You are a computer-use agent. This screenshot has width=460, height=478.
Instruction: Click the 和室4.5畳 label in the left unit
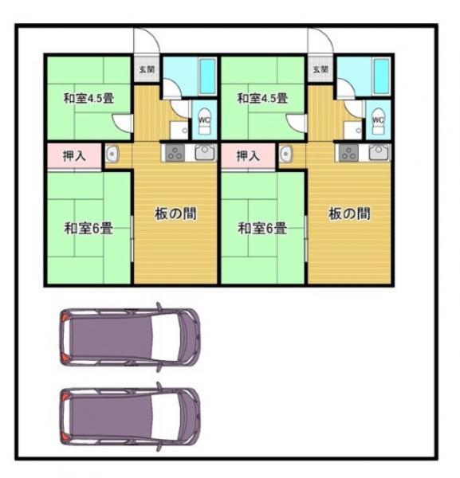pyautogui.click(x=88, y=99)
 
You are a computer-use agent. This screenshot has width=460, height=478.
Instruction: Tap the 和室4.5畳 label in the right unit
pyautogui.click(x=262, y=99)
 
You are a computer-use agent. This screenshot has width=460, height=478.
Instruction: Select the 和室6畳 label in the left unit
pyautogui.click(x=88, y=229)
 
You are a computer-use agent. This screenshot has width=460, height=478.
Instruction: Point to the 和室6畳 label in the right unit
pyautogui.click(x=262, y=229)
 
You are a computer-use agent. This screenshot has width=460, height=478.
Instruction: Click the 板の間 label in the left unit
pyautogui.click(x=175, y=214)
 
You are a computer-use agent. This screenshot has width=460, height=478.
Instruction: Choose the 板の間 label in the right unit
pyautogui.click(x=349, y=214)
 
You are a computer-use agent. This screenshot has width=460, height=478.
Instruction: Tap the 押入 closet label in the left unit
pyautogui.click(x=74, y=156)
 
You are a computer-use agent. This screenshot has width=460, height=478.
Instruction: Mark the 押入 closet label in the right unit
pyautogui.click(x=248, y=156)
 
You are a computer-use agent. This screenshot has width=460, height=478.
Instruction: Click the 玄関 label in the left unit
pyautogui.click(x=147, y=69)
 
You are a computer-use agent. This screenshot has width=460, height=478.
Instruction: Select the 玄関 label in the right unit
pyautogui.click(x=320, y=69)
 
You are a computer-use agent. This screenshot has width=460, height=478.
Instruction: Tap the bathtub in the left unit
pyautogui.click(x=208, y=76)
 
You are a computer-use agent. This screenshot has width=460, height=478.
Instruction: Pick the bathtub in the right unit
pyautogui.click(x=382, y=76)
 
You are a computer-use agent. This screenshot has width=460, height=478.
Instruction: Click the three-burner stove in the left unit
pyautogui.click(x=175, y=152)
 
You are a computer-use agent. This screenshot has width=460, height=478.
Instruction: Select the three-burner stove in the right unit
pyautogui.click(x=349, y=152)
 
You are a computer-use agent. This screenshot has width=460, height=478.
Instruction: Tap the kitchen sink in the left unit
pyautogui.click(x=206, y=152)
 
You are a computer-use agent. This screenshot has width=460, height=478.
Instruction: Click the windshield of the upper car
pyautogui.click(x=165, y=336)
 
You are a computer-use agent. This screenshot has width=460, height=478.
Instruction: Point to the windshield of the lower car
pyautogui.click(x=165, y=416)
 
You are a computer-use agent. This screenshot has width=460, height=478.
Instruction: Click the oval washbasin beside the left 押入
pyautogui.click(x=112, y=154)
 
